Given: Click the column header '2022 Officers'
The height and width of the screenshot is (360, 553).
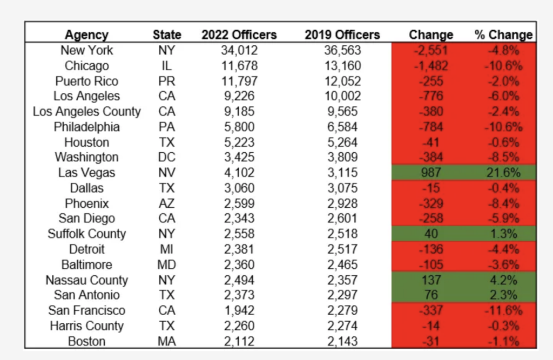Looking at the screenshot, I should pyautogui.click(x=239, y=35).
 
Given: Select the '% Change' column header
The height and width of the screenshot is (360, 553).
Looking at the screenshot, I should pyautogui.click(x=503, y=35).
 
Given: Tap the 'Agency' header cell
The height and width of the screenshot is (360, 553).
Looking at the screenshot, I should pyautogui.click(x=86, y=35).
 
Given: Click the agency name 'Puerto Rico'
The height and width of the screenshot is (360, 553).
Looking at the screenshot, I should pyautogui.click(x=86, y=81).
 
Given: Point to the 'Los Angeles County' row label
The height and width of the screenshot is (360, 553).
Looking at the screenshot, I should pyautogui.click(x=86, y=112).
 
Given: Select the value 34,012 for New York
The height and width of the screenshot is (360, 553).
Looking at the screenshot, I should pyautogui.click(x=239, y=50).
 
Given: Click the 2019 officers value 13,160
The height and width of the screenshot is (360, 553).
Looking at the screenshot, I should pyautogui.click(x=342, y=66).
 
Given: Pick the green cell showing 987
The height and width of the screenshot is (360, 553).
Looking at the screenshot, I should pyautogui.click(x=431, y=173).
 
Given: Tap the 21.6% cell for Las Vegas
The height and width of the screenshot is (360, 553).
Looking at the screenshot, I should pyautogui.click(x=504, y=173).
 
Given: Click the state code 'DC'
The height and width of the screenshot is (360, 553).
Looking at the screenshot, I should pyautogui.click(x=167, y=158).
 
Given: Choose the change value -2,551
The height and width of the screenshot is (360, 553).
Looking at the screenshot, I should pyautogui.click(x=431, y=50).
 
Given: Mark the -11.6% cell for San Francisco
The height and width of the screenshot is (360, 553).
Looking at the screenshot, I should pyautogui.click(x=504, y=311).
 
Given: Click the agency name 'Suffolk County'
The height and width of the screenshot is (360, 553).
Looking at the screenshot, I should pyautogui.click(x=86, y=234).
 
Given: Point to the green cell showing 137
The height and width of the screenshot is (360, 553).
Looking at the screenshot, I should pyautogui.click(x=431, y=280).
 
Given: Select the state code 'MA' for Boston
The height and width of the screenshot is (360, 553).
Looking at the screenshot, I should pyautogui.click(x=167, y=342).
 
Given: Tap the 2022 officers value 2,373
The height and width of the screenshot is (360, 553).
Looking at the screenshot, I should pyautogui.click(x=239, y=295).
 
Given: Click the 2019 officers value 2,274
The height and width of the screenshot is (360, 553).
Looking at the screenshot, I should pyautogui.click(x=342, y=326).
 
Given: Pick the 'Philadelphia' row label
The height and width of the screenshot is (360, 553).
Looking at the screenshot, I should pyautogui.click(x=86, y=127).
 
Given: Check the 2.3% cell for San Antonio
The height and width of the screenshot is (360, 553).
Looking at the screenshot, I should pyautogui.click(x=504, y=295).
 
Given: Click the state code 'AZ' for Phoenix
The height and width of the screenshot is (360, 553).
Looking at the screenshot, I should pyautogui.click(x=167, y=204).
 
